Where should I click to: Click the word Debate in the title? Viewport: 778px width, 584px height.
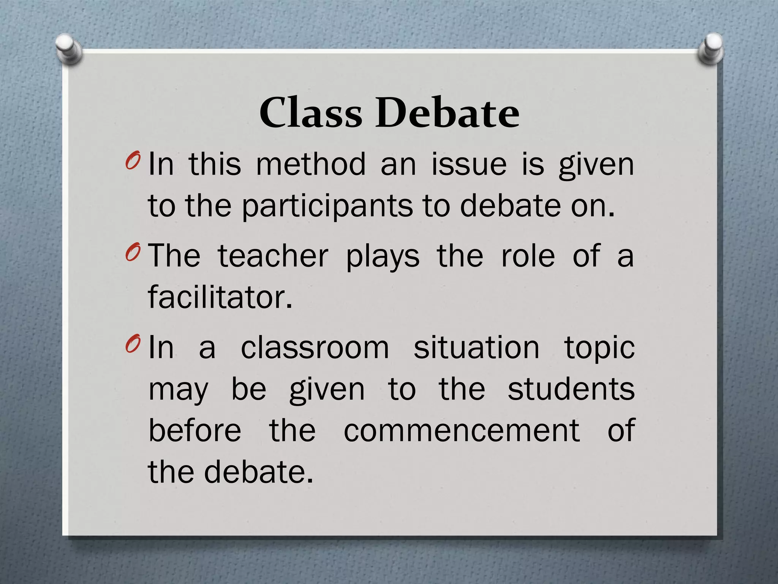tap(448, 113)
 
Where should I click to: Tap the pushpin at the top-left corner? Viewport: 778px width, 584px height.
tap(68, 48)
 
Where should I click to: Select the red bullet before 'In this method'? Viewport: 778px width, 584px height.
tap(132, 161)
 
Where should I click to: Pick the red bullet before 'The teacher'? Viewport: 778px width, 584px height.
tap(132, 252)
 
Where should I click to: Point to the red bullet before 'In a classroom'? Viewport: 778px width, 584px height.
tap(132, 344)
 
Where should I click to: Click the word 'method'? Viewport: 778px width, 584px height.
tap(311, 164)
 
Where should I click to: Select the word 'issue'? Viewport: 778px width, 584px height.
tap(469, 164)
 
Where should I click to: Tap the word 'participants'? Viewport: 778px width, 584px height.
tap(327, 206)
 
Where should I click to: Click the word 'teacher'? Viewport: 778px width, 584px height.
tap(273, 256)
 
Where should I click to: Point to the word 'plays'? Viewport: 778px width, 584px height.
tap(383, 257)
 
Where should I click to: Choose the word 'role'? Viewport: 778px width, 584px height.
tap(528, 256)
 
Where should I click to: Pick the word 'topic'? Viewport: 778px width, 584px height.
tap(599, 349)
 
